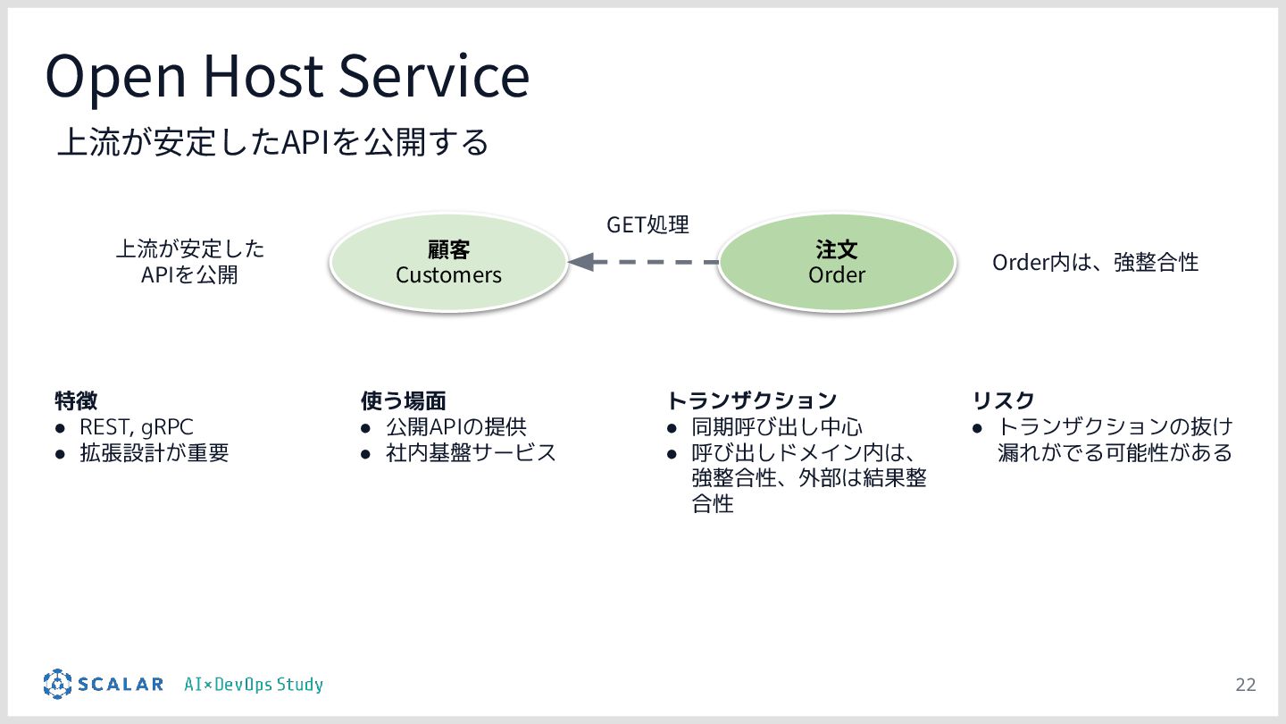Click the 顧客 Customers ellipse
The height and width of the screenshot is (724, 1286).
(448, 262)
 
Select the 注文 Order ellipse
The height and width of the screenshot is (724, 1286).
(837, 262)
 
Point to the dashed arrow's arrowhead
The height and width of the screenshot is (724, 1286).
(580, 262)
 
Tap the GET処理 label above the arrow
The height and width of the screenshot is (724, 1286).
(647, 224)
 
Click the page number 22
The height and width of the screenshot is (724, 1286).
(1245, 685)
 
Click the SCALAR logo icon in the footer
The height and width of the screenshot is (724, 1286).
(57, 684)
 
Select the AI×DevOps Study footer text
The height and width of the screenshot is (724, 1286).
(254, 685)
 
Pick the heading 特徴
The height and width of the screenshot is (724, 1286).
(76, 400)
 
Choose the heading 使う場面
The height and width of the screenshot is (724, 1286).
(403, 400)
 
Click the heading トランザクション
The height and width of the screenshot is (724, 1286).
(752, 400)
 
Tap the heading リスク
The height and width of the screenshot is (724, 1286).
(1003, 400)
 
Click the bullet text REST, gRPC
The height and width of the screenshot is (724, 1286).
(136, 427)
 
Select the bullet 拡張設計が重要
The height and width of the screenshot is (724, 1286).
(154, 453)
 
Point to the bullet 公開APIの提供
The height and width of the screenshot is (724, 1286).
(455, 427)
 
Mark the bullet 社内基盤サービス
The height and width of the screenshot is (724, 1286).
(471, 453)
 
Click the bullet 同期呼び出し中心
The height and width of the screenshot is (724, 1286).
(777, 427)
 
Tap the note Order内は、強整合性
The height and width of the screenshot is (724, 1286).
(1095, 262)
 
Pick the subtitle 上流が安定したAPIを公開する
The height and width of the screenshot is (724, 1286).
(273, 142)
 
